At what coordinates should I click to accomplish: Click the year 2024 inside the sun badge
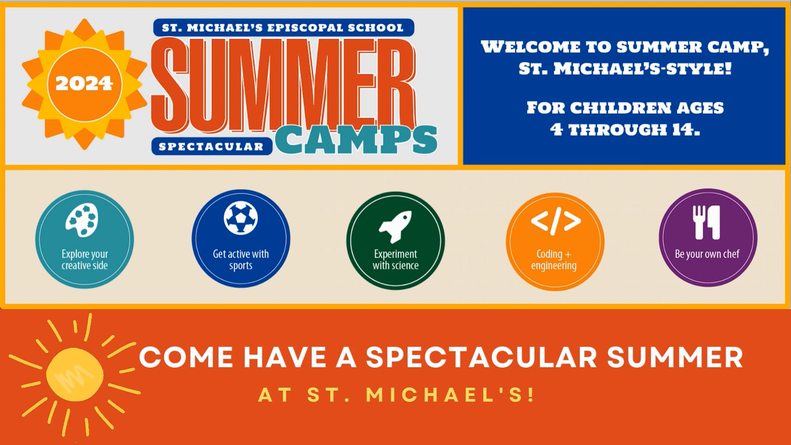pos(84,84)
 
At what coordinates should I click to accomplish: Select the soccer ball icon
pos(241,218)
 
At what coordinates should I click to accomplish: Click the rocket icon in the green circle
pos(395,227)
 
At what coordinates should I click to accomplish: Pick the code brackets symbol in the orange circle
pos(556,221)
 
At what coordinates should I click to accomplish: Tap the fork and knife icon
pos(706,222)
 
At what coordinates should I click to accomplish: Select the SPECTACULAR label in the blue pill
pos(211,147)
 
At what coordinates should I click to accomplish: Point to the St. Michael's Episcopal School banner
pos(283,28)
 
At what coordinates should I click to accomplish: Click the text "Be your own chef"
pos(707,254)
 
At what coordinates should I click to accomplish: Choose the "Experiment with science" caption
pos(395,260)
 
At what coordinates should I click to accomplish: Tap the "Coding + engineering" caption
pos(554,260)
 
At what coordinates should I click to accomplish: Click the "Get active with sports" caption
pos(241,260)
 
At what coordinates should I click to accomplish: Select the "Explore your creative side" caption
pos(85,260)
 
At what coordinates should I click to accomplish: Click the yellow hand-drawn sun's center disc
pos(75,374)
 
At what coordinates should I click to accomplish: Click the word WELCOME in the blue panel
pos(531,47)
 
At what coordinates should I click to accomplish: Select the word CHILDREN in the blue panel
pos(621,108)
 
